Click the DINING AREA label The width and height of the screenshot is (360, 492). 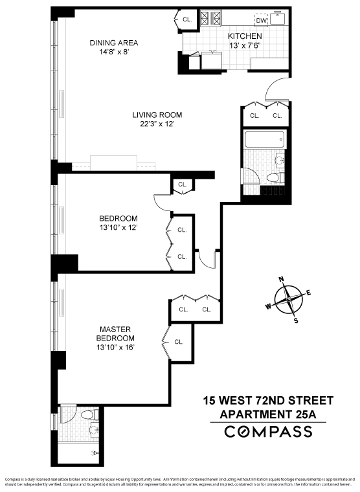click(x=113, y=43)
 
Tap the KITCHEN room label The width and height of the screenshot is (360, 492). click(x=245, y=36)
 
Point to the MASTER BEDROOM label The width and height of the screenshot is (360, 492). click(x=117, y=333)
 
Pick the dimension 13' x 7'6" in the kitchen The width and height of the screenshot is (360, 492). click(x=245, y=46)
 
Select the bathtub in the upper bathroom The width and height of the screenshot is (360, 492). click(x=264, y=139)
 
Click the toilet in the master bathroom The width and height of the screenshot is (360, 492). click(x=93, y=414)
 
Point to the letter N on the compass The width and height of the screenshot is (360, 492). click(x=282, y=280)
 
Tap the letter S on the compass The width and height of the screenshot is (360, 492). click(x=296, y=320)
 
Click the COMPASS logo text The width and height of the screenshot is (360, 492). click(x=267, y=432)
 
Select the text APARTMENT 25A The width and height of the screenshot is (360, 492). click(x=267, y=414)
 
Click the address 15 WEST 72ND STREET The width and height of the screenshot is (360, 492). click(x=267, y=400)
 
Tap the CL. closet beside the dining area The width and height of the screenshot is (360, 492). click(x=187, y=20)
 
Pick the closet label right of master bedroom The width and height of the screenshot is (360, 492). click(x=179, y=341)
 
